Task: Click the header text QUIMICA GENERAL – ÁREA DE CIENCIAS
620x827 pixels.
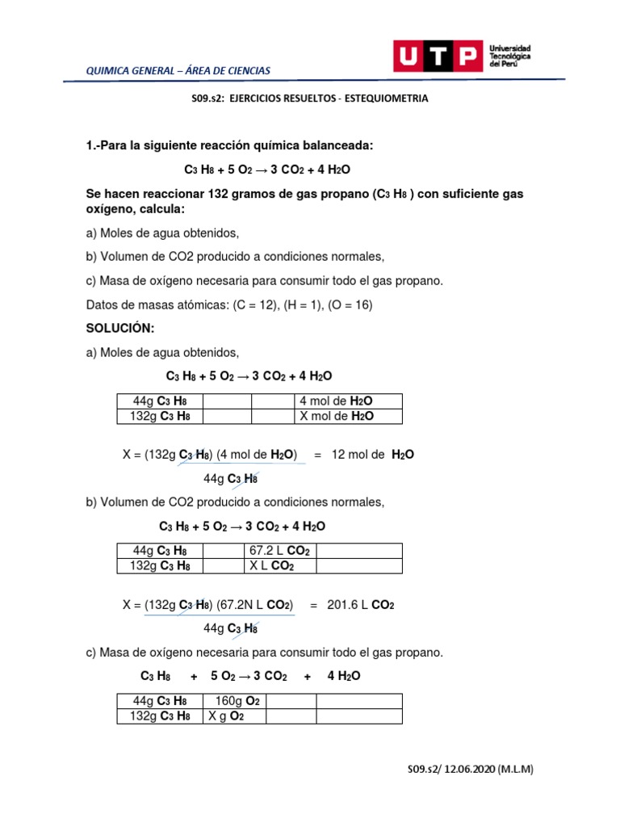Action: [x=178, y=71]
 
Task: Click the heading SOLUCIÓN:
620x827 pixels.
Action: [x=119, y=329]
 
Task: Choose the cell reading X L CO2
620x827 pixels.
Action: [x=271, y=565]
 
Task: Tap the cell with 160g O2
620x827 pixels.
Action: [x=233, y=700]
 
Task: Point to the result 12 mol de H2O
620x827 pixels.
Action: [x=372, y=455]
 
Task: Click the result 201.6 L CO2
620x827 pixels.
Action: [x=360, y=604]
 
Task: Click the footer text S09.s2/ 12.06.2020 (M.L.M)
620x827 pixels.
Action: [x=470, y=770]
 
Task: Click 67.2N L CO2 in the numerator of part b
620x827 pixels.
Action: [x=255, y=604]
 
